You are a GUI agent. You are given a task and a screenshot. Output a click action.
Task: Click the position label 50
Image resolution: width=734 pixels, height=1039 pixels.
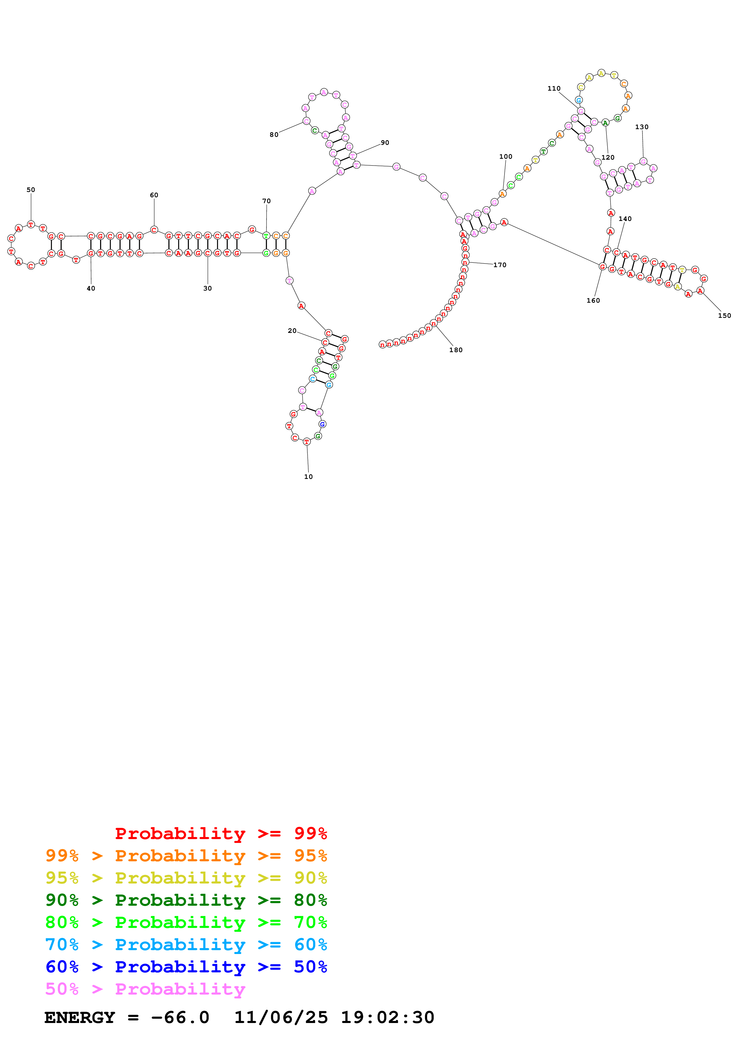pos(31,190)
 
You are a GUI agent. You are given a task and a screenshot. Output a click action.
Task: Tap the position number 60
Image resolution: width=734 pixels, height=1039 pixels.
pos(154,195)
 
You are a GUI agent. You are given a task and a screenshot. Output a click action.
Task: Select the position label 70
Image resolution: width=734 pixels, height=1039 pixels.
pos(266,201)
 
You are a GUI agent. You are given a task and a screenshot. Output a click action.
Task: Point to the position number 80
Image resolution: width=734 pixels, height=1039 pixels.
pos(274,134)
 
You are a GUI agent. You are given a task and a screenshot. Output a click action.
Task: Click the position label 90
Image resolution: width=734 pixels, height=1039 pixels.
pos(385,142)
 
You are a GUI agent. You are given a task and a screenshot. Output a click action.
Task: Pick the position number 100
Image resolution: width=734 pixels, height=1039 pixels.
pos(506,157)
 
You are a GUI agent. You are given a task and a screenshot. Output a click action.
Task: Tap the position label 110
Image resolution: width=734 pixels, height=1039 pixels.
pos(554,89)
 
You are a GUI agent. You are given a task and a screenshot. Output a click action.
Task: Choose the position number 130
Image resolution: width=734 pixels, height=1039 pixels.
pos(642,127)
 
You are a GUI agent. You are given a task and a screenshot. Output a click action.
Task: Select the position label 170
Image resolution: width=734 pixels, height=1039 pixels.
pos(500,265)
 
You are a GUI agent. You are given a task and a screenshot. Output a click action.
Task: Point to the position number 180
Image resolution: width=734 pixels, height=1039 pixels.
pos(456,350)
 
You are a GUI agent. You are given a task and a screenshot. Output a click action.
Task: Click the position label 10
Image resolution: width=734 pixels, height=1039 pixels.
pos(309,477)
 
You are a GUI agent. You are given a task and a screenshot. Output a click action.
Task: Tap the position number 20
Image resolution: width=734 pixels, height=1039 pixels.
pos(292,331)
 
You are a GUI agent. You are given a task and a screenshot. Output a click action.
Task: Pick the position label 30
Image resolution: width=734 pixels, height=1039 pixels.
pos(208,288)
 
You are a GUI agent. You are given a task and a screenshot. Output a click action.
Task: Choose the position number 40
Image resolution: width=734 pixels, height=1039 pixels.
pos(91,288)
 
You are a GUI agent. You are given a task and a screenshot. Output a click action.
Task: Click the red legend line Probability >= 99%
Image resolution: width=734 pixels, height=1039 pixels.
pos(221,833)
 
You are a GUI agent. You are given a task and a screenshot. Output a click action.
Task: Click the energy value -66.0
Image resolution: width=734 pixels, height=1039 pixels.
pos(180,1018)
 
